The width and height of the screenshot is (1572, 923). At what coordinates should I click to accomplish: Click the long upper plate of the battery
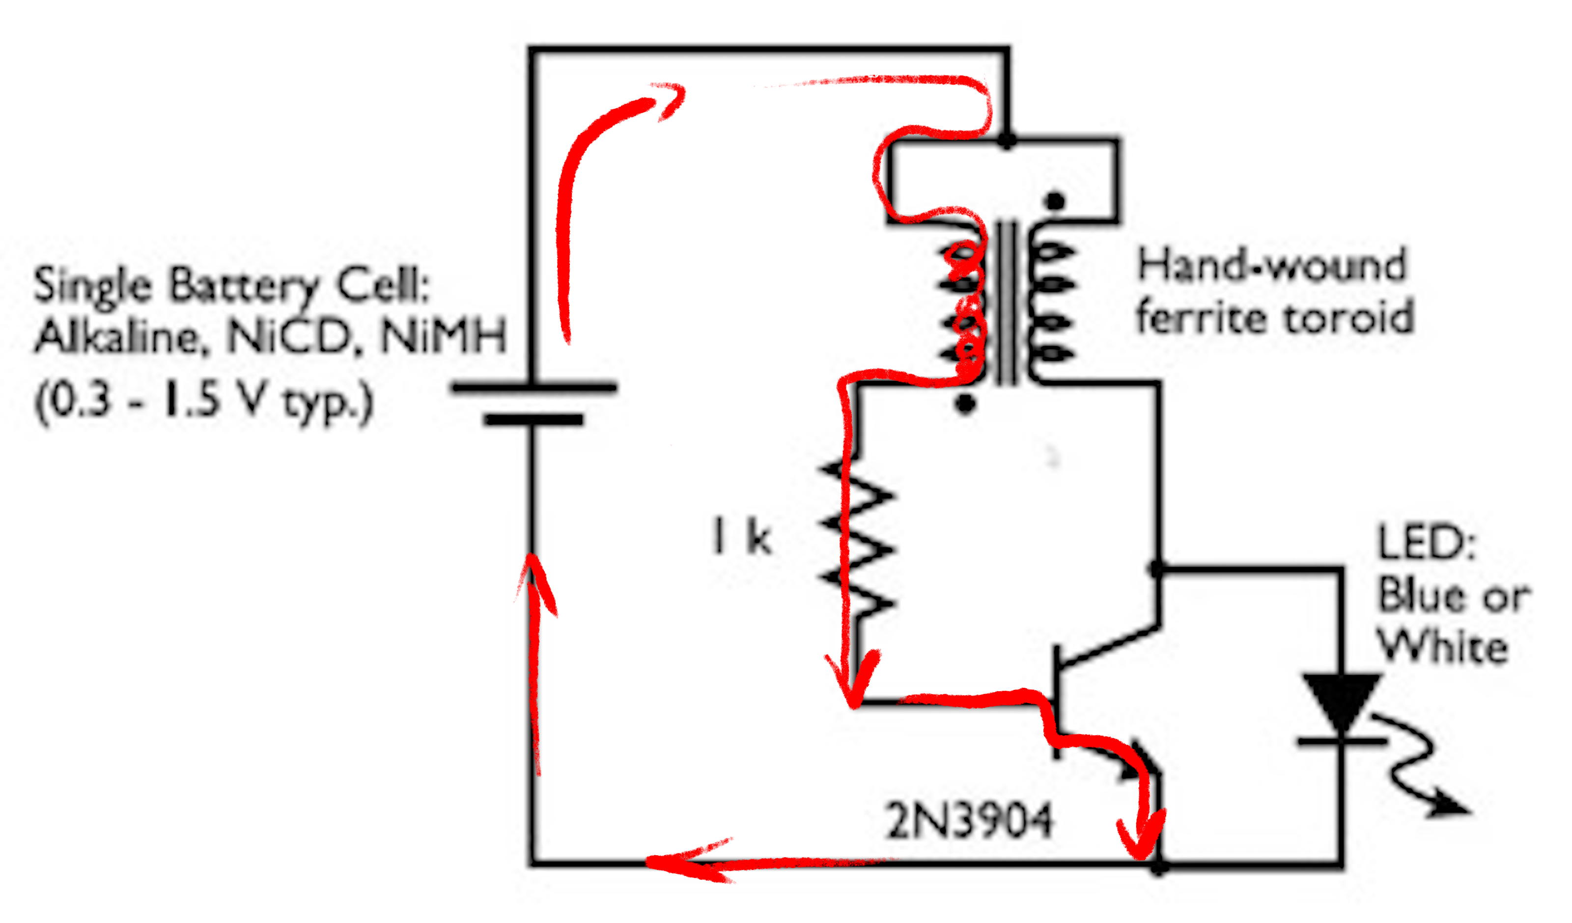pos(534,388)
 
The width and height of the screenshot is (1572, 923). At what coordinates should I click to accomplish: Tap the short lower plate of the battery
pos(534,420)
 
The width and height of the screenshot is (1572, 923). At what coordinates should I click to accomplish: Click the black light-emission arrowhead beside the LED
pos(1450,808)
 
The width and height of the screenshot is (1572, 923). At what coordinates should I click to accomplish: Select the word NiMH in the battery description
pos(443,337)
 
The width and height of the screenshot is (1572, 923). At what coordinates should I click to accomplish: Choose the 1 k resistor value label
pos(742,538)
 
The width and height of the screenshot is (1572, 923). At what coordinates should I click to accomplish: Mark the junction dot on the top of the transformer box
pos(1006,140)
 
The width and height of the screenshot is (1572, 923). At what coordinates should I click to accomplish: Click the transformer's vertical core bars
pos(1006,302)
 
